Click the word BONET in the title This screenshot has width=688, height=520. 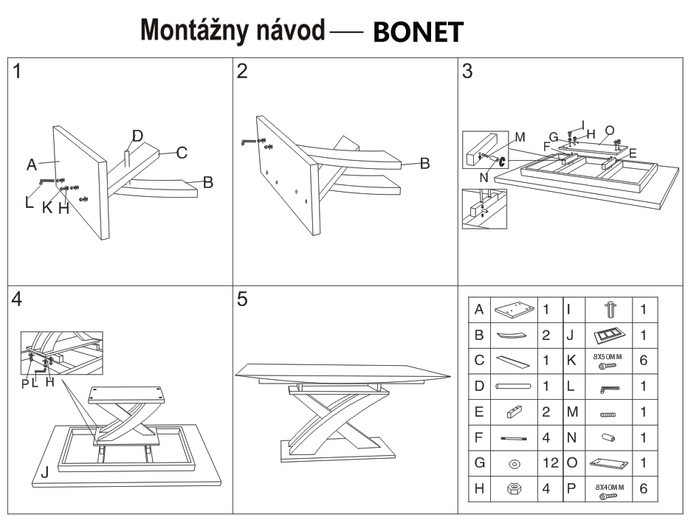(x=419, y=31)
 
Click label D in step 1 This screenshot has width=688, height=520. (x=137, y=136)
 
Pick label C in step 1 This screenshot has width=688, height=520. (x=182, y=153)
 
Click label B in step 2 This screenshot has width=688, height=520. (x=424, y=164)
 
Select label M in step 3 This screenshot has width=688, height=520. (x=520, y=136)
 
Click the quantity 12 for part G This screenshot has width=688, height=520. (x=546, y=463)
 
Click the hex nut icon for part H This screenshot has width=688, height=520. (x=515, y=490)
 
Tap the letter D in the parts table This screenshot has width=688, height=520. (x=478, y=386)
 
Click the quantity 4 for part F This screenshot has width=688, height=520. (x=546, y=437)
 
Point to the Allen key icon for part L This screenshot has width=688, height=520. (x=609, y=386)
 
